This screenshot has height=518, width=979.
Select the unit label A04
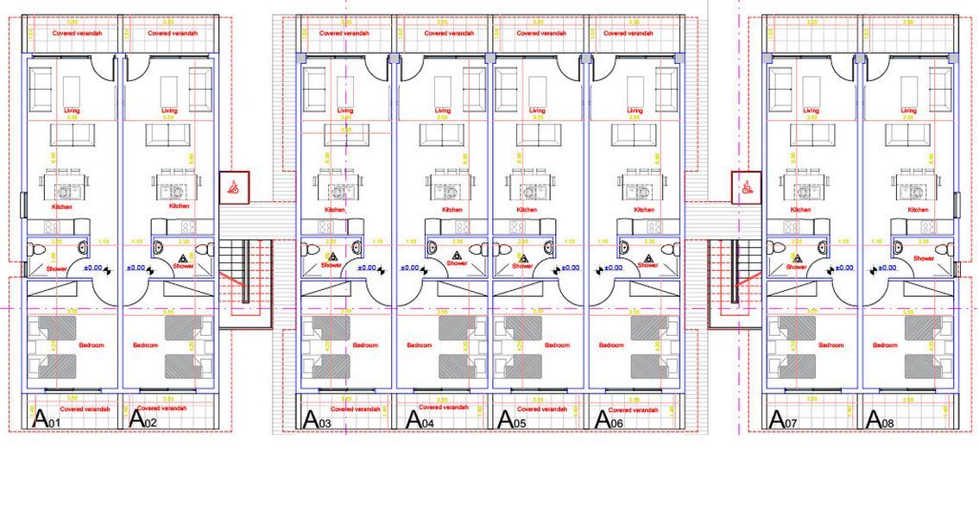[x=420, y=420]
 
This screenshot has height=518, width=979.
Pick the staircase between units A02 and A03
[x=244, y=269]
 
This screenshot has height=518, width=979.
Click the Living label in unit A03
[x=345, y=111]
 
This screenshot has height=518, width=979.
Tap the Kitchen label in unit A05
[x=527, y=210]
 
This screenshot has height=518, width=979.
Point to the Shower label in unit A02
[x=183, y=266]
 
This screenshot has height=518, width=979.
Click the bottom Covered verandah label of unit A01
[x=85, y=408]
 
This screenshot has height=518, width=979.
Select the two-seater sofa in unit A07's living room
[x=812, y=135]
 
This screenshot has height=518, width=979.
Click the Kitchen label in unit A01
[x=61, y=207]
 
